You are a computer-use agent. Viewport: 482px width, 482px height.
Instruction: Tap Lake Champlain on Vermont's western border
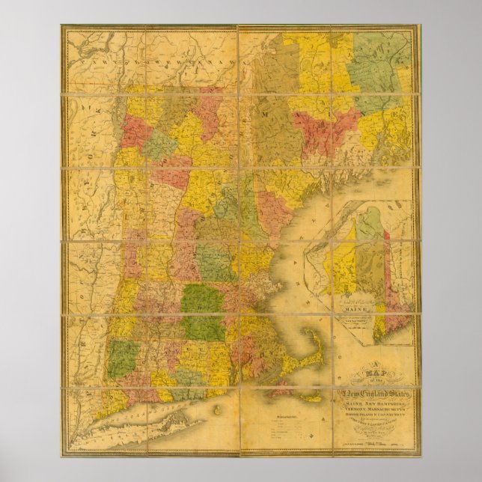click(120, 142)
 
